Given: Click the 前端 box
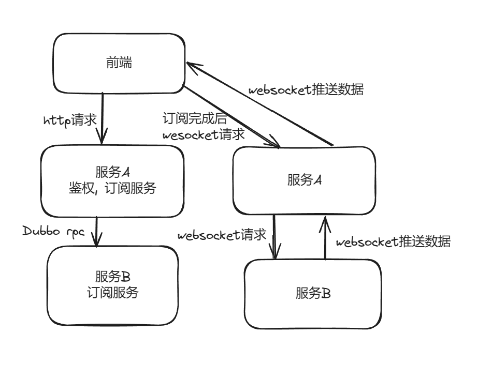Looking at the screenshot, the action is point(119,64).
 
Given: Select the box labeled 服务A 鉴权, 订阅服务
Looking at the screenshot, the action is point(112,181).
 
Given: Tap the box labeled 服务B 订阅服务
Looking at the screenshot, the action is point(113,285).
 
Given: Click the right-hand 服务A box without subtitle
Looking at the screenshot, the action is point(304,180).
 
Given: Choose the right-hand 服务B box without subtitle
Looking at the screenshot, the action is point(313,294).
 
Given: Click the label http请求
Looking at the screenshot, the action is point(70,120).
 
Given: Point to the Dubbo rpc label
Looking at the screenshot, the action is point(54,232).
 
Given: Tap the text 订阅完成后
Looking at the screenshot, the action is point(195,118).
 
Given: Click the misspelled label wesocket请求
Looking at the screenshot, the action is point(204,134).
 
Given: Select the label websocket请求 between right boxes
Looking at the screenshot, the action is point(222,235).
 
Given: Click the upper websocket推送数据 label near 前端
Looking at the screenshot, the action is point(306,89).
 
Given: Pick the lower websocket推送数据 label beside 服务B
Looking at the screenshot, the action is point(393,241).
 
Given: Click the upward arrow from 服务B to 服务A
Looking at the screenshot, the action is point(325,238).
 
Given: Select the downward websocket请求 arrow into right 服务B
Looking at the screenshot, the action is point(274,237).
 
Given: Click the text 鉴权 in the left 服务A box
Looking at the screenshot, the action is point(82,188).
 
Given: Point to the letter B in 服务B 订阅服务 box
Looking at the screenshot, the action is point(125,277).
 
